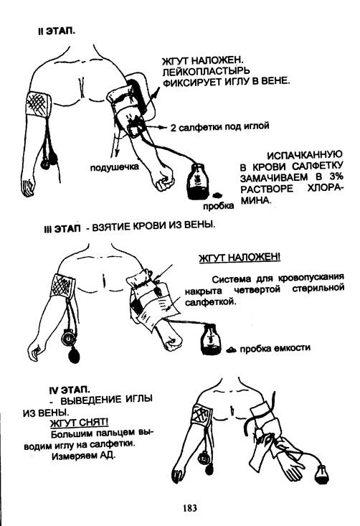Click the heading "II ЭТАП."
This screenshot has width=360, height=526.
pos(57,31)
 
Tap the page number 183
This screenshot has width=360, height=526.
pos(190,508)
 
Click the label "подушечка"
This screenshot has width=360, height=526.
pos(115,166)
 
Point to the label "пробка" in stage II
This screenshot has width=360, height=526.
pos(219,205)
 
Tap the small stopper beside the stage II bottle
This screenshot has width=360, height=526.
pos(217,194)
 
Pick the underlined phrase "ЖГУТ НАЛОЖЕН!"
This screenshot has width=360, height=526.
pos(240,258)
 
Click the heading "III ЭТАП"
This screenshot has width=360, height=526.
pos(62,229)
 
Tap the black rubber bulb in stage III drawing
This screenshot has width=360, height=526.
pos(74,355)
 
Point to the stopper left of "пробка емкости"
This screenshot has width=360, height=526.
pos(232,349)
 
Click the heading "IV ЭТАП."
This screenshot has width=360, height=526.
pos(70,390)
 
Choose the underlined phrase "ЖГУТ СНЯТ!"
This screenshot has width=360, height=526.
pos(79,422)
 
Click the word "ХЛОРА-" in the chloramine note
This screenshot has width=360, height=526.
pos(325,188)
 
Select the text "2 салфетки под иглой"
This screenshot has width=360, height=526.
pos(220,127)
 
